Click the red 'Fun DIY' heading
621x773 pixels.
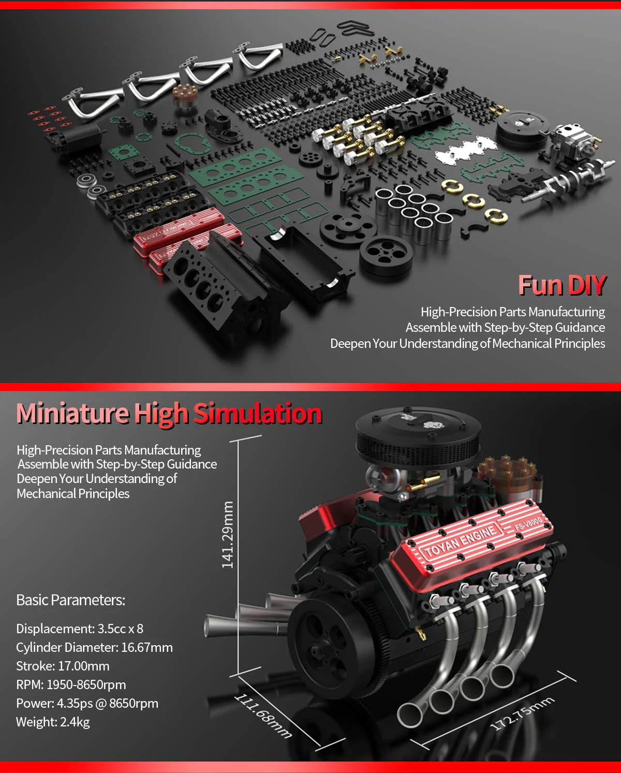(x=561, y=285)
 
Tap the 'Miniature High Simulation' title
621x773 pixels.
(x=169, y=414)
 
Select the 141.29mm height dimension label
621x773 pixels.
(x=228, y=534)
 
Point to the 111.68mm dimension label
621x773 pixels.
(x=263, y=715)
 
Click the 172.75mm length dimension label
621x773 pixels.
(x=522, y=713)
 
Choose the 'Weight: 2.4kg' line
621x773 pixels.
(x=53, y=722)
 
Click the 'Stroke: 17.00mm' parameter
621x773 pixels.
(x=63, y=666)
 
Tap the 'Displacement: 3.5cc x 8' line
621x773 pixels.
(x=80, y=629)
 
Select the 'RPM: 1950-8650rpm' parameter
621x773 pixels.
(x=71, y=684)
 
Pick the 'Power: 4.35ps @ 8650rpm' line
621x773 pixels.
(x=87, y=703)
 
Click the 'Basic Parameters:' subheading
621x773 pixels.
(x=71, y=600)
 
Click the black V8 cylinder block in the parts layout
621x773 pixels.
(x=217, y=280)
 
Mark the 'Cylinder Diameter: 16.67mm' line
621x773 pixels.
(x=94, y=647)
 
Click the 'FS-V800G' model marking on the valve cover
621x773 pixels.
(x=528, y=523)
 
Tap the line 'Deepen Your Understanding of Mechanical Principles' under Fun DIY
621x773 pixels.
(x=467, y=343)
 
